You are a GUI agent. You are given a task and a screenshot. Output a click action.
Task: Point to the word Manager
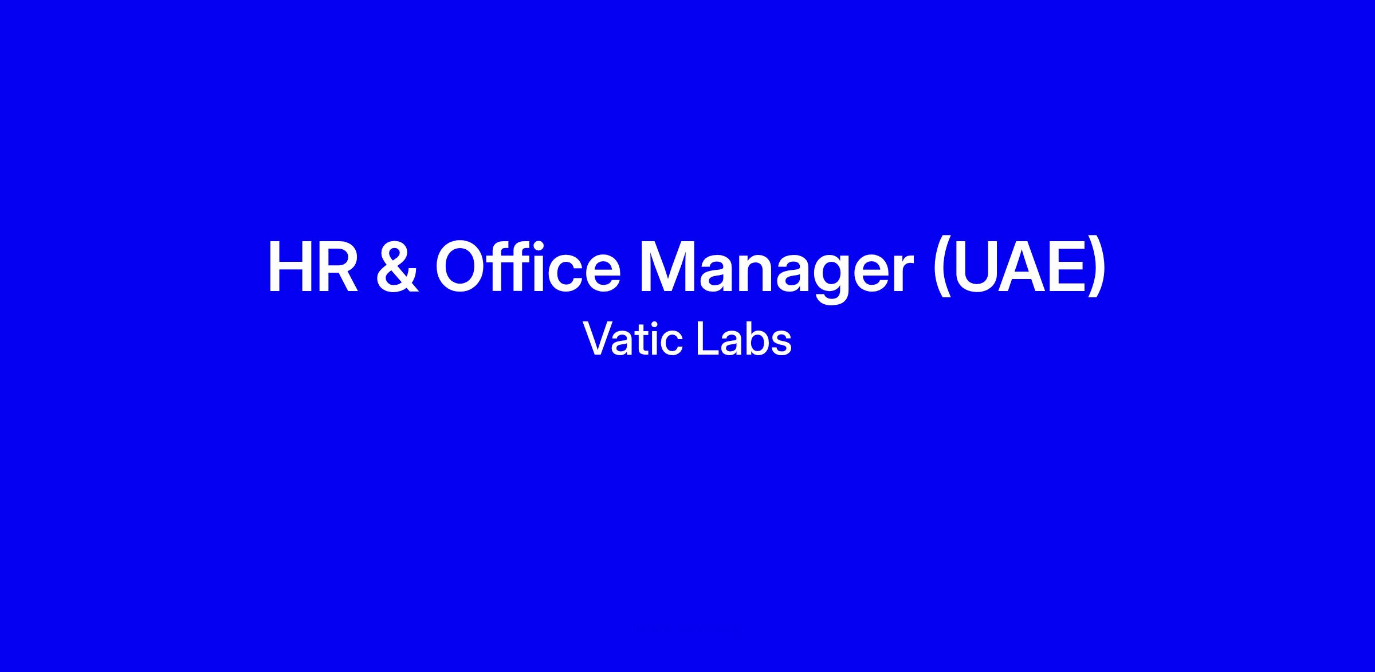point(776,273)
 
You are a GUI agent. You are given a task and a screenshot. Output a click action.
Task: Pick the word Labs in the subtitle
point(744,339)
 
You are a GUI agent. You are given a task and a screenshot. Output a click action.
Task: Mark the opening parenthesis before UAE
point(941,269)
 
